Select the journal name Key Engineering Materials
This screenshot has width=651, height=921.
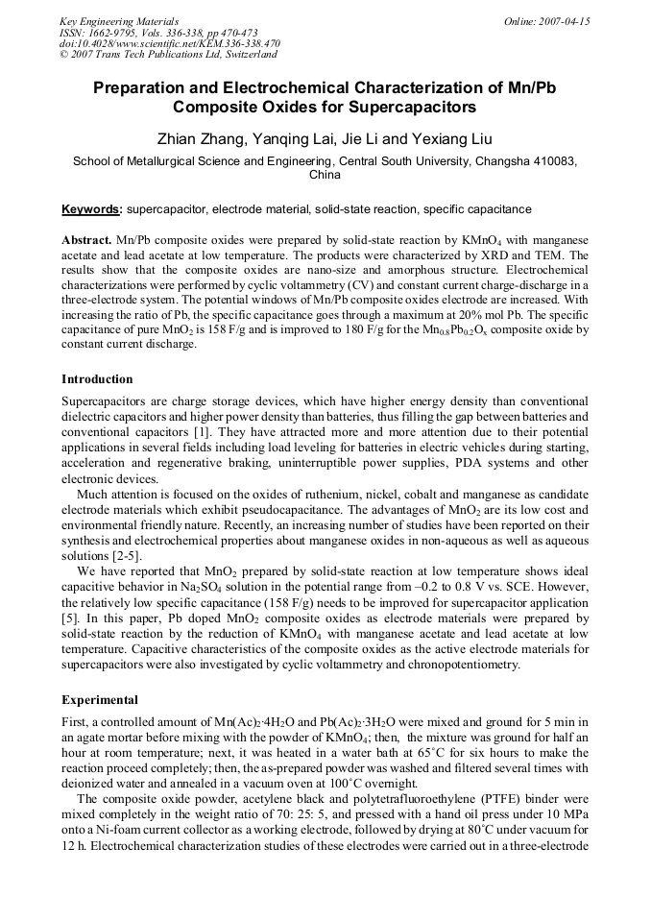pyautogui.click(x=119, y=21)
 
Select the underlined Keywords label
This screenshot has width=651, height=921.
pyautogui.click(x=91, y=208)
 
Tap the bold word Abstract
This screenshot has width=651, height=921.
pyautogui.click(x=86, y=237)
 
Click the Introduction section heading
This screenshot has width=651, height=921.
pyautogui.click(x=97, y=379)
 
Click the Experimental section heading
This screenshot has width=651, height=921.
pyautogui.click(x=100, y=699)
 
